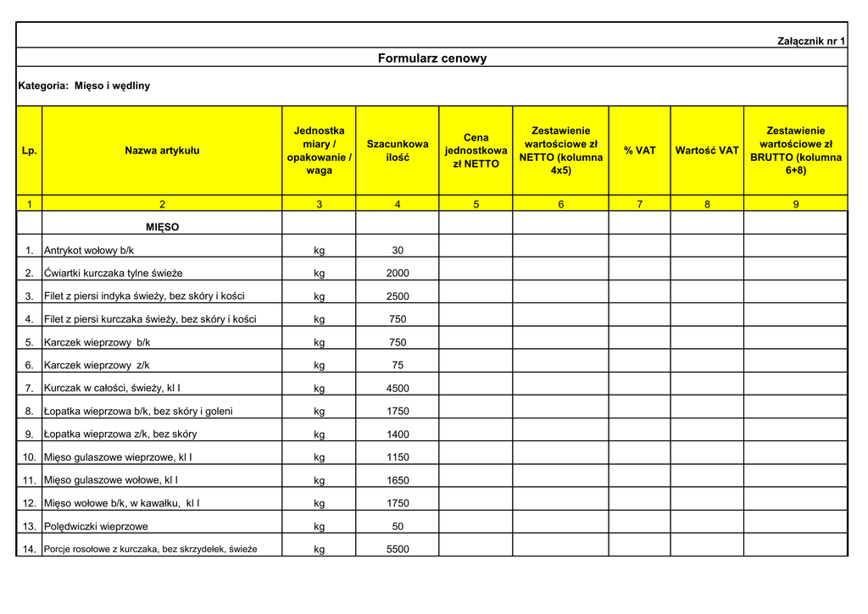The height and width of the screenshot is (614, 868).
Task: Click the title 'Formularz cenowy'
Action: pos(432,58)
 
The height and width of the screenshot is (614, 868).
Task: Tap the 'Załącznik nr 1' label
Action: pos(811,41)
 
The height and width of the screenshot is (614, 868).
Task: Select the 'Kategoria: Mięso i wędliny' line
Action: pos(84,86)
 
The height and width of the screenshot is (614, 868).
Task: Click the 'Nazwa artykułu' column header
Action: pos(162,151)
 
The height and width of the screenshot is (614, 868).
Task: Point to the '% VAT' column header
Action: pos(639,151)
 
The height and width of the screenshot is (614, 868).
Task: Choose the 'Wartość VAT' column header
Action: pos(707,151)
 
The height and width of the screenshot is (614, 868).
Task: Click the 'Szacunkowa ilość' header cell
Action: pos(397,151)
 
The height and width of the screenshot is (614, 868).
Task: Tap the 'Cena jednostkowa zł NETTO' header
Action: pos(476,151)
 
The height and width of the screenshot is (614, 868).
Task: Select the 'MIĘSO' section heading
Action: pos(162,227)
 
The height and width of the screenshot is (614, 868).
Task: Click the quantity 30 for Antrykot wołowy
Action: pos(398,251)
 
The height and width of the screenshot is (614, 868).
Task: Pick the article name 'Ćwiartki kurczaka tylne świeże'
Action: pos(114,274)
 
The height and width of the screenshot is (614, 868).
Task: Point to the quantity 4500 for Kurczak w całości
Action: pos(398,389)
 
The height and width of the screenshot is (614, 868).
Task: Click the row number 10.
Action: pos(30,457)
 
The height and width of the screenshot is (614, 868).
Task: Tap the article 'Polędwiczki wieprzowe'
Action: pos(96,527)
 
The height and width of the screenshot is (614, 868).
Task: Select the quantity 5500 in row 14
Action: pos(398,550)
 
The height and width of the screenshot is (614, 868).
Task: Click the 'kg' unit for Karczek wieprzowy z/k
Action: pos(319,366)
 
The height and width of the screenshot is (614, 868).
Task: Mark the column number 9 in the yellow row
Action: pos(795,204)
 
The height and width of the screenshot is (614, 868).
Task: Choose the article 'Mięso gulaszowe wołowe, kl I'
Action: pos(111,480)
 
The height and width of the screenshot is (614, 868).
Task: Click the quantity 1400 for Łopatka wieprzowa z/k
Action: pos(398,434)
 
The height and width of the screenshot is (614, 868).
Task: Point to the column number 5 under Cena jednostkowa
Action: pos(476,204)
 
